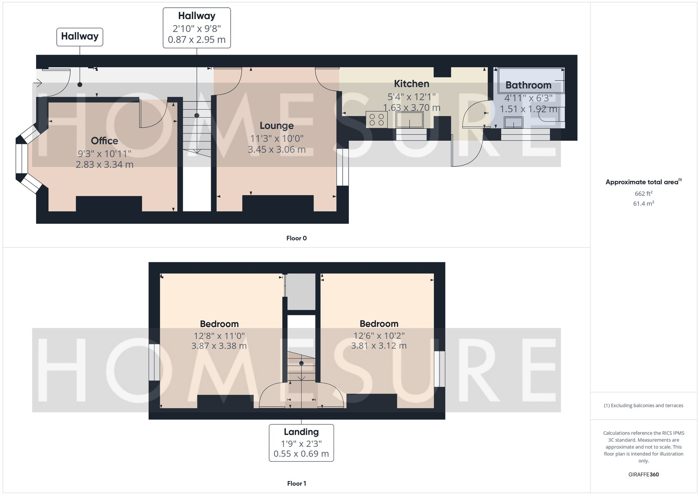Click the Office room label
pyautogui.click(x=104, y=141)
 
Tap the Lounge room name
pyautogui.click(x=276, y=126)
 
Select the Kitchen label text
pyautogui.click(x=411, y=84)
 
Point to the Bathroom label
pyautogui.click(x=528, y=85)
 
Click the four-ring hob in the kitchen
pyautogui.click(x=377, y=119)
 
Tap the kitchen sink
pyautogui.click(x=409, y=120)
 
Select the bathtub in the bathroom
pyautogui.click(x=531, y=80)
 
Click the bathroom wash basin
pyautogui.click(x=513, y=122)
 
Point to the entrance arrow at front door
pyautogui.click(x=38, y=83)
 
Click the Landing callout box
pyautogui.click(x=301, y=443)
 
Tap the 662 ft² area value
pyautogui.click(x=643, y=193)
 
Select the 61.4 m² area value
pyautogui.click(x=643, y=203)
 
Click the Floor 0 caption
pyautogui.click(x=296, y=238)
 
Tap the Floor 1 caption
pyautogui.click(x=296, y=483)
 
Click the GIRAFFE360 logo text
pyautogui.click(x=643, y=474)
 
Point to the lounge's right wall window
pyautogui.click(x=343, y=167)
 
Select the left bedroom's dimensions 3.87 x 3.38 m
pyautogui.click(x=219, y=346)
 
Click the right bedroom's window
pyautogui.click(x=439, y=369)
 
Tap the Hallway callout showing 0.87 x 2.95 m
pyautogui.click(x=197, y=28)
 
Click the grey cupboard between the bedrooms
pyautogui.click(x=301, y=292)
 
